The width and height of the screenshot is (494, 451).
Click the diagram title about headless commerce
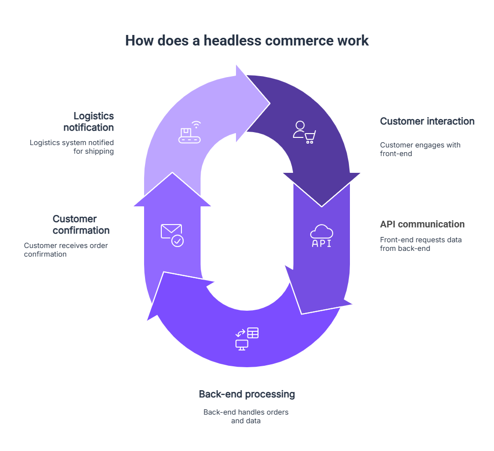(247, 41)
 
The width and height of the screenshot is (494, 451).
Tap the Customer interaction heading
(427, 122)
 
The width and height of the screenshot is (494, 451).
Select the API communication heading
(422, 225)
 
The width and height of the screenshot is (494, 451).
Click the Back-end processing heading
(247, 395)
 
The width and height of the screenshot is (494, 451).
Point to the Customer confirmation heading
(81, 225)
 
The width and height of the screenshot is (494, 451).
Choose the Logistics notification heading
(89, 122)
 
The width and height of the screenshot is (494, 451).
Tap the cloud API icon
(322, 236)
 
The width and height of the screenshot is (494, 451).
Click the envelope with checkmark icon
(172, 235)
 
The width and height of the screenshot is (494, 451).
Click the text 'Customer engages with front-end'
(420, 149)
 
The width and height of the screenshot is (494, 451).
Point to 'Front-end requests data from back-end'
(421, 244)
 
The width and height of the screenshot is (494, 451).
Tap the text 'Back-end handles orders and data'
(246, 417)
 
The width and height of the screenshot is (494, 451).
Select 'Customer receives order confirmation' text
(66, 250)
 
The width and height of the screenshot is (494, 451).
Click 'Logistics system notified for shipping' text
(72, 147)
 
